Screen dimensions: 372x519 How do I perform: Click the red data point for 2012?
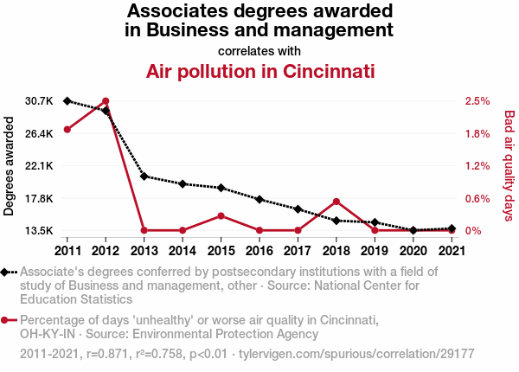106,101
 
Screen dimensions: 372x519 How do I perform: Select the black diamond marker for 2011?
67,101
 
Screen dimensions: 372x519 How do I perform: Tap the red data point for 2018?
336,202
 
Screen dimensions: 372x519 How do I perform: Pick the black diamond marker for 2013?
144,176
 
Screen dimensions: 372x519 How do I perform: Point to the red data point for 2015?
221,215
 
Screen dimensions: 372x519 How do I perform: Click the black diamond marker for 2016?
259,200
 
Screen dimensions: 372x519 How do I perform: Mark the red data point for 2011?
67,130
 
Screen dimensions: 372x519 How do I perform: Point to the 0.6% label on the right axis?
477,198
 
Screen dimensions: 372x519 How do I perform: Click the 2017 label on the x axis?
298,251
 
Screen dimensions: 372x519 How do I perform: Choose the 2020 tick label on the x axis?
412,251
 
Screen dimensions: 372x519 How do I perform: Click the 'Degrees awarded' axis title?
10,166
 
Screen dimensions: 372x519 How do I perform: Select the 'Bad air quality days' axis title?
509,164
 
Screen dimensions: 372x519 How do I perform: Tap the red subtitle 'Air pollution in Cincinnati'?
259,70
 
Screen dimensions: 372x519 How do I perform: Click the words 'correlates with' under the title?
259,49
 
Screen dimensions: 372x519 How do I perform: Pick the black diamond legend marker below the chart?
6,272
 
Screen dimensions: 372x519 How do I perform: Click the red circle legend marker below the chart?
6,320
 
